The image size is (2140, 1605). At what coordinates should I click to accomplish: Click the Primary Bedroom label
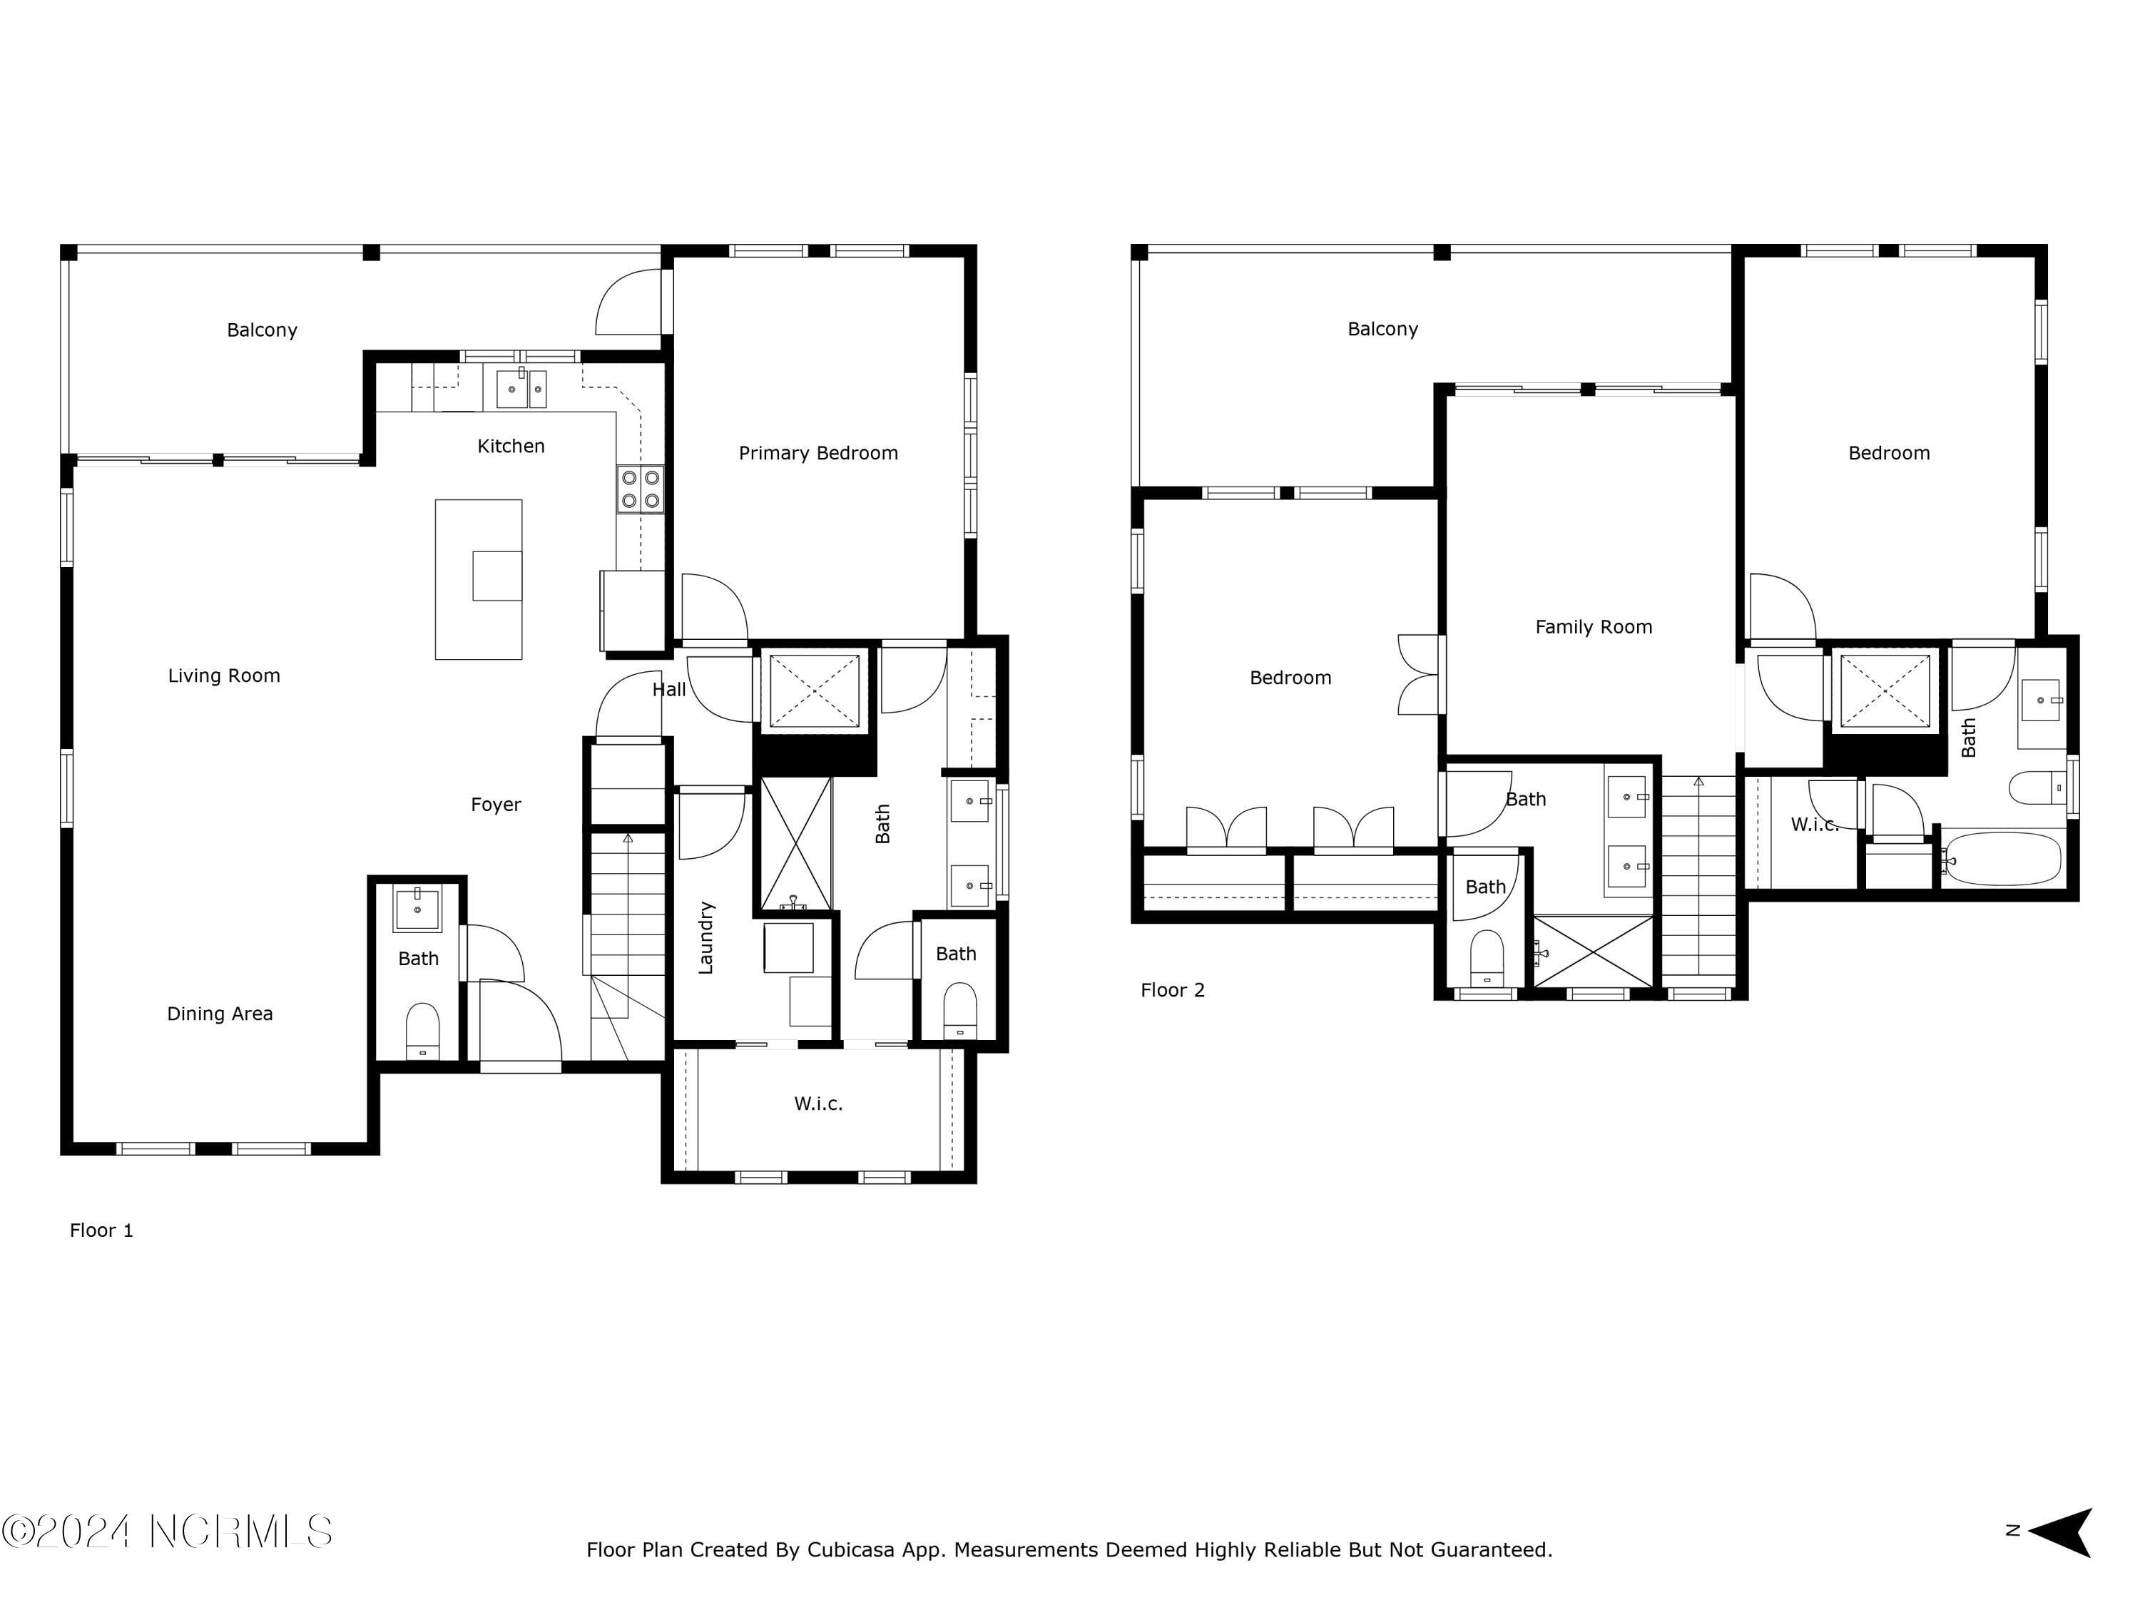point(817,453)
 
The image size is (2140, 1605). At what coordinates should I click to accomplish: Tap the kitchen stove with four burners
point(641,489)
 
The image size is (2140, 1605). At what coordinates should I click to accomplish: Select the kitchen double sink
point(521,388)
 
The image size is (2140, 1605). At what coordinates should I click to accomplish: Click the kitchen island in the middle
point(478,579)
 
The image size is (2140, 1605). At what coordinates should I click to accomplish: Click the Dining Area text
point(220,1014)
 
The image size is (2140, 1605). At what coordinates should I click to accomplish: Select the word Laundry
point(705,937)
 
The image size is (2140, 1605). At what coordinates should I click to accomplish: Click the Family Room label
point(1594,627)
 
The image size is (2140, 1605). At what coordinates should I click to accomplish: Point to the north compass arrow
point(2063,1532)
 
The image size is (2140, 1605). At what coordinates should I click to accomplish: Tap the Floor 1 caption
point(101,1230)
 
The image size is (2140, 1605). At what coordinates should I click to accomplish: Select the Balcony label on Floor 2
point(1382,329)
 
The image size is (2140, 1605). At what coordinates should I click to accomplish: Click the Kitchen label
point(511,446)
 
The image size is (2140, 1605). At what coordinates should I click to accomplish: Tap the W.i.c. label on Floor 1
point(817,1103)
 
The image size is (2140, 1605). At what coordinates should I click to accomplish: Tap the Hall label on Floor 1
point(668,689)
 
